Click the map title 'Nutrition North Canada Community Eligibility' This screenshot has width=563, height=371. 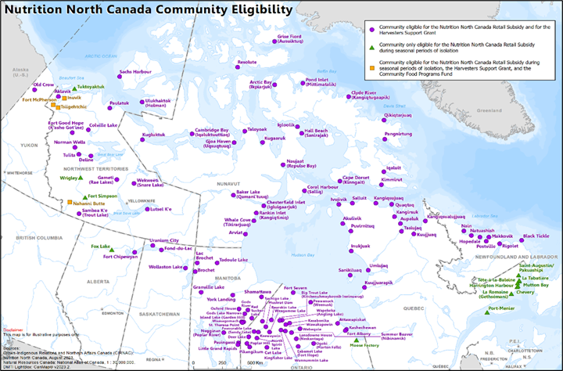tap(148, 9)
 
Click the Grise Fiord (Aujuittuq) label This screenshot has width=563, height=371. tap(289, 38)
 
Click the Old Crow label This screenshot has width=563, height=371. tap(44, 84)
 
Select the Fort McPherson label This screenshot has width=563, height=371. tap(38, 100)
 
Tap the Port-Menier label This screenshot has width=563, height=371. tap(500, 308)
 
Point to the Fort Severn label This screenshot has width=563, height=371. tap(296, 288)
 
